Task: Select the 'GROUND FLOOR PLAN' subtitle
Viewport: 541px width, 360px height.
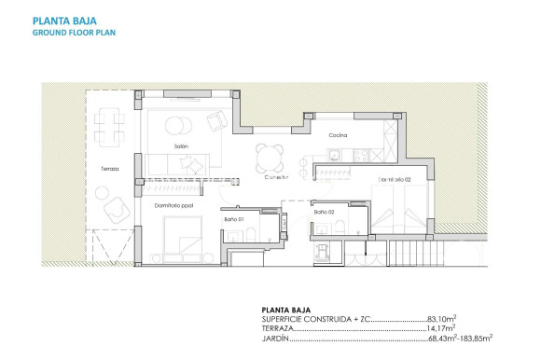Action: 74,32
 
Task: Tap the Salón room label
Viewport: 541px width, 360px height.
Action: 182,146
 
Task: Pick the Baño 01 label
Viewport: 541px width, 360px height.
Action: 233,218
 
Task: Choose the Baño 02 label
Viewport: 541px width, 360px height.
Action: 324,213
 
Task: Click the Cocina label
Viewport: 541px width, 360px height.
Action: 338,137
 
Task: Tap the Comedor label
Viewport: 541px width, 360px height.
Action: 274,177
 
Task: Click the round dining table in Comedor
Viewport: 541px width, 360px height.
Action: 270,155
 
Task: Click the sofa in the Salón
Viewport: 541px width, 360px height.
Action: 170,163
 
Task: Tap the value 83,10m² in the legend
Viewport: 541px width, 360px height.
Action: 440,319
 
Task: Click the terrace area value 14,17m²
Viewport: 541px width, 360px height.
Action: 440,328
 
